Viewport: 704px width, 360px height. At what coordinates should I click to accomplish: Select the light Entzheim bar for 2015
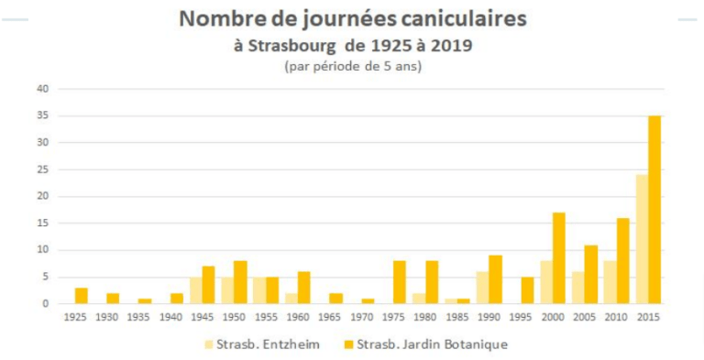click(x=641, y=239)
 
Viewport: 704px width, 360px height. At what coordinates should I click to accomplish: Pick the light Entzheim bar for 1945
click(x=195, y=290)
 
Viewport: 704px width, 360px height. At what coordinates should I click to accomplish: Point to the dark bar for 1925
click(x=81, y=295)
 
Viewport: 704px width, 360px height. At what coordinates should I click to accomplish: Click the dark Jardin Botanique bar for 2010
click(x=622, y=260)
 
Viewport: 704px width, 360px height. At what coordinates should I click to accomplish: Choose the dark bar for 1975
click(x=399, y=282)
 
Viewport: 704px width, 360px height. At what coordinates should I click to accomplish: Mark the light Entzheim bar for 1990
click(x=482, y=288)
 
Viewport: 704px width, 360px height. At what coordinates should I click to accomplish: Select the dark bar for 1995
click(x=526, y=290)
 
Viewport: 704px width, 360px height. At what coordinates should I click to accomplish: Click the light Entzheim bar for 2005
click(x=577, y=288)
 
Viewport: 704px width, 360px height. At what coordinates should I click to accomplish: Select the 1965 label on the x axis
click(x=331, y=316)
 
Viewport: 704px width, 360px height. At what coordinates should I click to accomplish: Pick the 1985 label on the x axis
click(x=458, y=316)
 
